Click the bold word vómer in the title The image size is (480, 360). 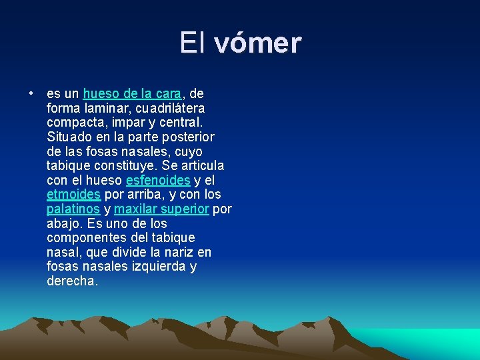[258, 43]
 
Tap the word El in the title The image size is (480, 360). [193, 43]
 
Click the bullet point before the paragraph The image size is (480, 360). [31, 93]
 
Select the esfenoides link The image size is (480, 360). [158, 181]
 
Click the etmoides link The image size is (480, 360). [73, 195]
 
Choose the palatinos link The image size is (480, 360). [73, 209]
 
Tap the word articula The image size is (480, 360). [200, 166]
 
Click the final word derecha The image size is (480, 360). [72, 281]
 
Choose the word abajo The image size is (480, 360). [65, 224]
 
